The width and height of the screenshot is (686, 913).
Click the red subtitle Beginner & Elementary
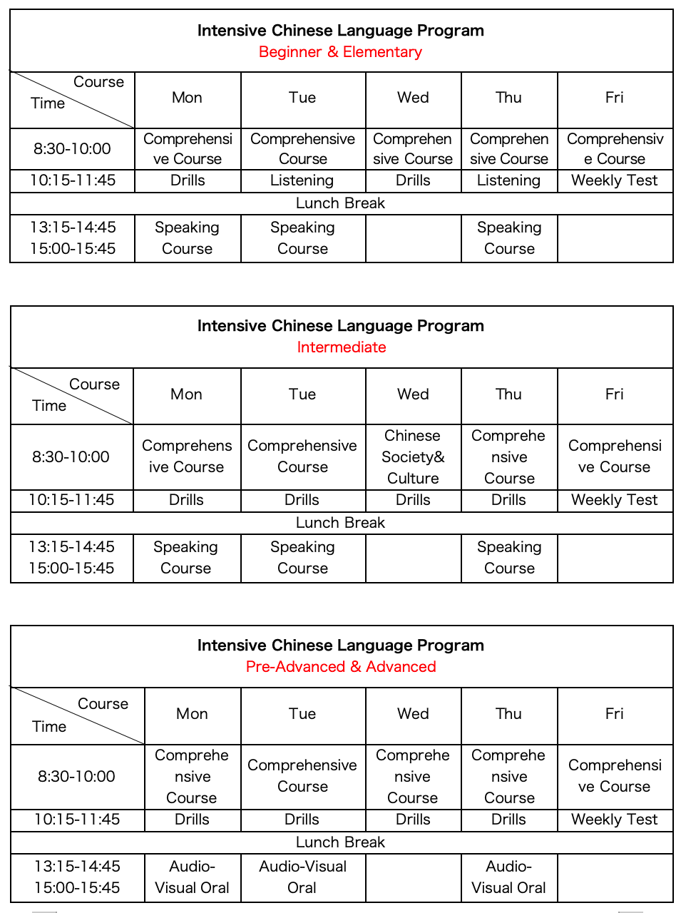[340, 52]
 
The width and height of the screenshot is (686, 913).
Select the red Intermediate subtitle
[341, 347]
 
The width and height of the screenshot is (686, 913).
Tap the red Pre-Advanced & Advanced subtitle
[341, 667]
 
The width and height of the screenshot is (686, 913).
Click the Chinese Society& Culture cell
[413, 457]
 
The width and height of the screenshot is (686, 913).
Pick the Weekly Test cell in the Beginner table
[614, 180]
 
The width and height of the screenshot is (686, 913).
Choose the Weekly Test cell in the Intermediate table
[614, 500]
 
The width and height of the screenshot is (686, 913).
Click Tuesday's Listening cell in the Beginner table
[302, 180]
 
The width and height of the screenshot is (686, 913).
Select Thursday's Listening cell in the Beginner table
[508, 180]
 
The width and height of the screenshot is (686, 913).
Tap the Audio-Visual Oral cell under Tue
[302, 877]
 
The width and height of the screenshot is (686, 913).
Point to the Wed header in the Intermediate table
[413, 394]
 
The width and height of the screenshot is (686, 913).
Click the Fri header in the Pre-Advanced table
[614, 714]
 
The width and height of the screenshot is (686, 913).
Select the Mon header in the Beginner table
[187, 98]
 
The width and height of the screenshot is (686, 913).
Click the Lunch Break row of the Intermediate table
[340, 523]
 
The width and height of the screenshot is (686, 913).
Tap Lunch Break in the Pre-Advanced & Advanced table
[340, 842]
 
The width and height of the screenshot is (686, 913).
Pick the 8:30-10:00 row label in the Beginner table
[72, 149]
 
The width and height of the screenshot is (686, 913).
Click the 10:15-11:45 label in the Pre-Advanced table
[77, 820]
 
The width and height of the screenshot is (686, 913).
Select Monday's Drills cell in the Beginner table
[188, 180]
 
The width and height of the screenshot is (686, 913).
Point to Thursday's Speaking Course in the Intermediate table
[509, 558]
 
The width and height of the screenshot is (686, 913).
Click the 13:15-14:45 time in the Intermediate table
[71, 547]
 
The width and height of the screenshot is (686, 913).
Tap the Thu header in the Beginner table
[508, 98]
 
